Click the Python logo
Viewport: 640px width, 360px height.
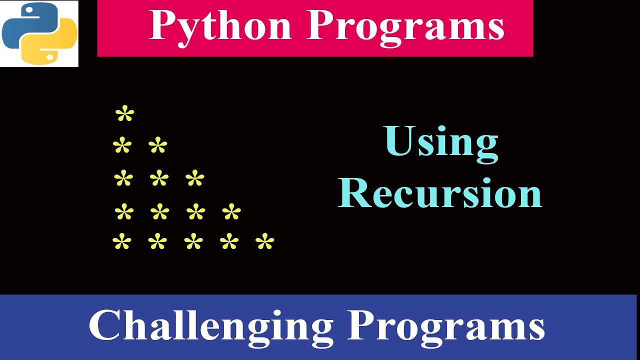pyautogui.click(x=39, y=33)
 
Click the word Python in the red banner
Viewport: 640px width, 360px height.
pyautogui.click(x=220, y=26)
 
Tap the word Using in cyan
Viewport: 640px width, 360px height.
pyautogui.click(x=441, y=142)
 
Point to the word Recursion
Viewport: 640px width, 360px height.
pyautogui.click(x=440, y=193)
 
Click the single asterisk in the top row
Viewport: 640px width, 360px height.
pyautogui.click(x=125, y=114)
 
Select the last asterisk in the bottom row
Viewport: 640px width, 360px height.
pyautogui.click(x=265, y=242)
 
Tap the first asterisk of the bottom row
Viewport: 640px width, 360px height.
pyautogui.click(x=122, y=242)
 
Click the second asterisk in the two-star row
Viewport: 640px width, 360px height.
pyautogui.click(x=158, y=146)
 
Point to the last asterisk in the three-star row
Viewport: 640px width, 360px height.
pyautogui.click(x=195, y=178)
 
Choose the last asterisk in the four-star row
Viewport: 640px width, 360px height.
pyautogui.click(x=231, y=212)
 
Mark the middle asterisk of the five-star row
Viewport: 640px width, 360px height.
pyautogui.click(x=193, y=242)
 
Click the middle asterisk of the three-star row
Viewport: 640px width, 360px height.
pyautogui.click(x=159, y=178)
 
